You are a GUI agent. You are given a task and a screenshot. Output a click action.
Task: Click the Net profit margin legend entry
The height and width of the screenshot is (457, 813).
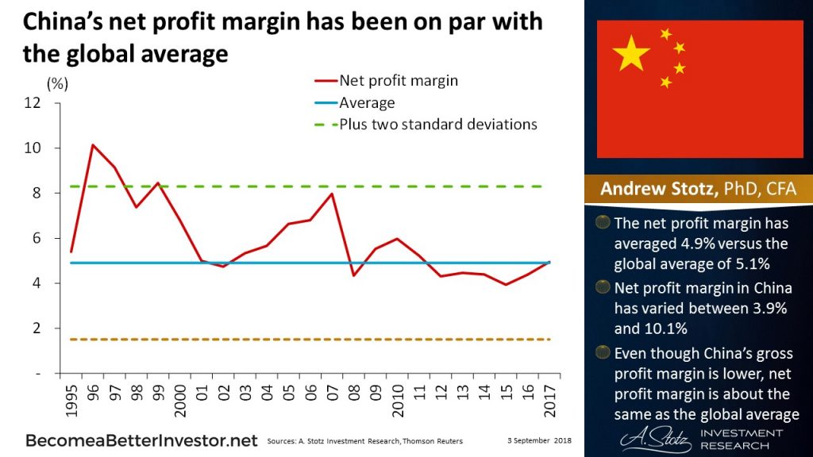point(398,80)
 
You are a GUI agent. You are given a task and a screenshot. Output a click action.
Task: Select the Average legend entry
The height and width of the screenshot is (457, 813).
point(366,102)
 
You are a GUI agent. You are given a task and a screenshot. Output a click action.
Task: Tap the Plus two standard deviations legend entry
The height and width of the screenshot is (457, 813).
point(437,125)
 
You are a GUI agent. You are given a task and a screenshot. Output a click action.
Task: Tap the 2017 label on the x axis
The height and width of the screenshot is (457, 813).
point(549,395)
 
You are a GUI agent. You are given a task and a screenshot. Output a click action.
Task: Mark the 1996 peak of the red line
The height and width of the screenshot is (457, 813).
point(93,145)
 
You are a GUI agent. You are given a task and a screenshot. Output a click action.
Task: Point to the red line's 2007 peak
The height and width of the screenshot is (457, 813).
point(330,194)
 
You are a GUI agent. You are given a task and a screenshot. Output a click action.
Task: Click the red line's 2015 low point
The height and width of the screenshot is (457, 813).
point(504,284)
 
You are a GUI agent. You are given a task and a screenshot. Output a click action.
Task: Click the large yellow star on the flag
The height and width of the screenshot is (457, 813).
point(631,53)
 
